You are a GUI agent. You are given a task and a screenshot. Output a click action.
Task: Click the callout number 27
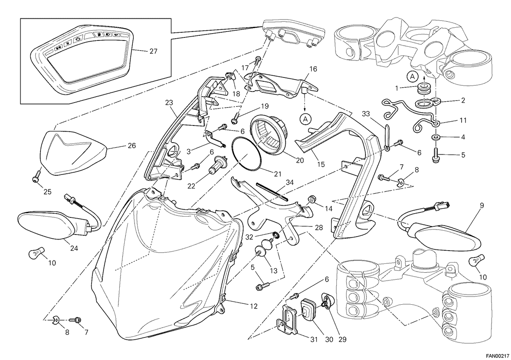[x=153, y=51]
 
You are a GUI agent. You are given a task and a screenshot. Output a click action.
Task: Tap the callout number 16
[x=313, y=69]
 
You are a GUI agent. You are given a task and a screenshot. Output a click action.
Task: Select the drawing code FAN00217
[x=497, y=356]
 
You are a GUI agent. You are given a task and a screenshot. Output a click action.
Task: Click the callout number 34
[x=290, y=183]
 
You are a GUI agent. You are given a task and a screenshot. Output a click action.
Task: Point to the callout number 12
[x=253, y=306]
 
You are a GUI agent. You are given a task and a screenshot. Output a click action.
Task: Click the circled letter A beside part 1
[x=413, y=77]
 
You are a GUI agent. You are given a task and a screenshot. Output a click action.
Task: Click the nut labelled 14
[x=311, y=199]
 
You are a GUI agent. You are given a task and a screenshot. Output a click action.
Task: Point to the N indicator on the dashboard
[x=68, y=43]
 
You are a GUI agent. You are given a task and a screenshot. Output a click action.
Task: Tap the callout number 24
[x=74, y=248]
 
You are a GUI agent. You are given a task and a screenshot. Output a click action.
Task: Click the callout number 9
[x=482, y=206]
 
